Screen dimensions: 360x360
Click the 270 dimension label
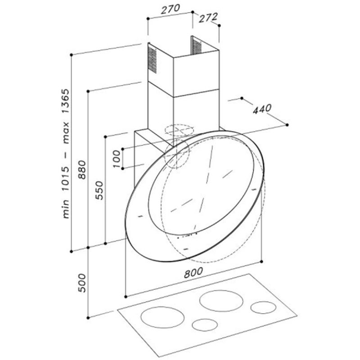[x=171, y=9]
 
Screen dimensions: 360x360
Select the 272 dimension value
[x=208, y=18]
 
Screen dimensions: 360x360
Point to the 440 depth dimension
[x=262, y=108]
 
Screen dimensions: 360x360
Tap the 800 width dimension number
[x=193, y=273]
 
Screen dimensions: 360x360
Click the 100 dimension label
[x=117, y=159]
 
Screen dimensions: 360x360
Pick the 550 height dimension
[x=99, y=190]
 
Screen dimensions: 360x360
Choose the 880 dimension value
[x=82, y=170]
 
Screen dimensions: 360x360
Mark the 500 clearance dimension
[x=82, y=283]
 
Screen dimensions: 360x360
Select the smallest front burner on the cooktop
[x=205, y=325]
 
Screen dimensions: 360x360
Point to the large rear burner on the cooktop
[x=221, y=301]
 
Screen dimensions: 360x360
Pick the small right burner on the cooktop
[x=263, y=308]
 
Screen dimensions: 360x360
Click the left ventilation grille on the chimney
[x=152, y=60]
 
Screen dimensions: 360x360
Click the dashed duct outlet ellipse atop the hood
[x=179, y=130]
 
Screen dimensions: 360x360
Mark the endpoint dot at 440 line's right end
[x=287, y=125]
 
